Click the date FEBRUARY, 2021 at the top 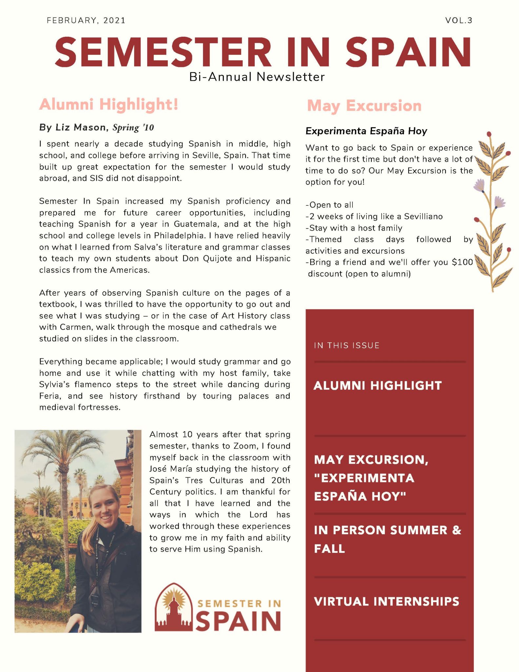[86, 21]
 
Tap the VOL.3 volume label [459, 21]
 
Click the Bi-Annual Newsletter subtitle [257, 77]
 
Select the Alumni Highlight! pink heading [109, 104]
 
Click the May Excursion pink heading [364, 106]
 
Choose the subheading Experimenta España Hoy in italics [366, 131]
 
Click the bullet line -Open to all [329, 205]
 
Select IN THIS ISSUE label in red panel [347, 346]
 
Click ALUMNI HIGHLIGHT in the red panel [378, 386]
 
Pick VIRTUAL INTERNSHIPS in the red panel [387, 601]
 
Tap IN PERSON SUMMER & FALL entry [387, 539]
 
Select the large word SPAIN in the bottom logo [238, 621]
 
